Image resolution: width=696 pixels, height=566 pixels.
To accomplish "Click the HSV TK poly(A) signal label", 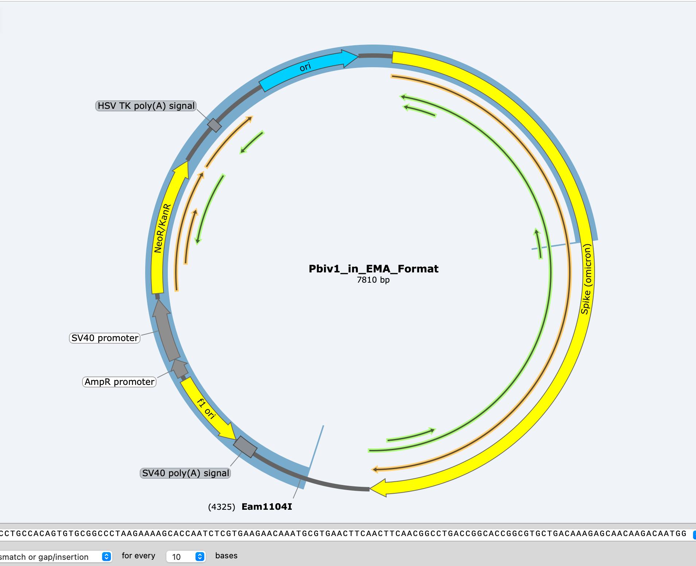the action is point(146,106).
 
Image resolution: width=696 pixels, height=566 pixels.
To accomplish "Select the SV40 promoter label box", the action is point(105,338).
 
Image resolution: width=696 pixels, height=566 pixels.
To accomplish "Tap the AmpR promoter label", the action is point(119,382).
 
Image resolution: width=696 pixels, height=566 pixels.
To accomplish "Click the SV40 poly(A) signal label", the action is point(185,473).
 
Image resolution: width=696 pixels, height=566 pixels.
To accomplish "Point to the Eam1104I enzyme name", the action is point(267,507).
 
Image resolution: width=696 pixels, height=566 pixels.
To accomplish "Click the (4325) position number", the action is point(221,507).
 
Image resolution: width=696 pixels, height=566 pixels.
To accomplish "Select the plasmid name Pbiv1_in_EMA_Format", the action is point(373,269).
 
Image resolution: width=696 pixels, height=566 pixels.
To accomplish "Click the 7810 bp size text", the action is point(373,280).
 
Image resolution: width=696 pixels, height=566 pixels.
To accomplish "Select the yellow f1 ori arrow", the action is point(206,408).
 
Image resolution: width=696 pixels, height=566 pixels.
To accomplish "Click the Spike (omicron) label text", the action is point(586,279).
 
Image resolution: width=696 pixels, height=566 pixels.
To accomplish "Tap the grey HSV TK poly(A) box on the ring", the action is point(214,125).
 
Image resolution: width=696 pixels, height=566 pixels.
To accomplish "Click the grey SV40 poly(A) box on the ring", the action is point(245,447).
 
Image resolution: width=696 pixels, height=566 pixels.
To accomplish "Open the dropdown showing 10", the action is point(186,557).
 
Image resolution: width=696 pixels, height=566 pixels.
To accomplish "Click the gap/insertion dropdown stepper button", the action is point(107,557).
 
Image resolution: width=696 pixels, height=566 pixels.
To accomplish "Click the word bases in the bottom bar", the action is point(226,556).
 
